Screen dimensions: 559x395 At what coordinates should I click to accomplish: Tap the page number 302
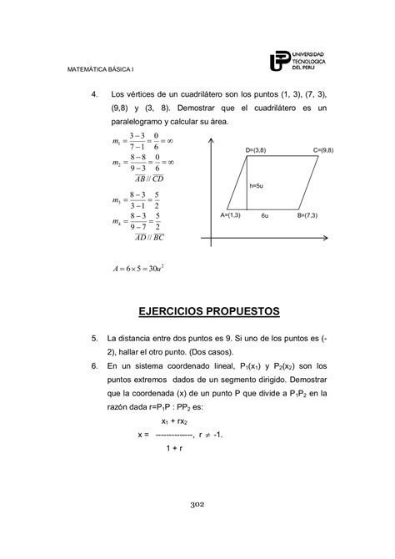(x=197, y=504)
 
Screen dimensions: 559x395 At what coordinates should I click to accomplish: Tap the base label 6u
(x=263, y=215)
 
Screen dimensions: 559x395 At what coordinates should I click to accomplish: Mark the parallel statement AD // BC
(x=148, y=237)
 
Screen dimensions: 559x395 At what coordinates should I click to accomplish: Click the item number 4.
(x=95, y=94)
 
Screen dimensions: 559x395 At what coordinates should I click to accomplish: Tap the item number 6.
(x=95, y=366)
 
